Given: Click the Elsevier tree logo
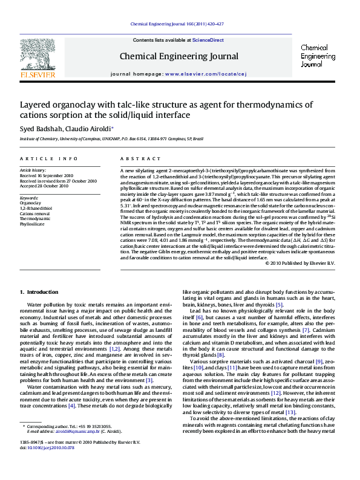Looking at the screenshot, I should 38,58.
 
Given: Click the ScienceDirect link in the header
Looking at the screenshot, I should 208,41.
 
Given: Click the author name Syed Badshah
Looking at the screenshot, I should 40,129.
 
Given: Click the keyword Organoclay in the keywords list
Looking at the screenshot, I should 31,203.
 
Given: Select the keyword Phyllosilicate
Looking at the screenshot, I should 33,223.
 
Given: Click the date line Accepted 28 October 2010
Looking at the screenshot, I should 44,186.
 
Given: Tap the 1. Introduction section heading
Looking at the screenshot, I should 39,292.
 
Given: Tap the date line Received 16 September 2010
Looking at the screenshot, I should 46,176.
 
